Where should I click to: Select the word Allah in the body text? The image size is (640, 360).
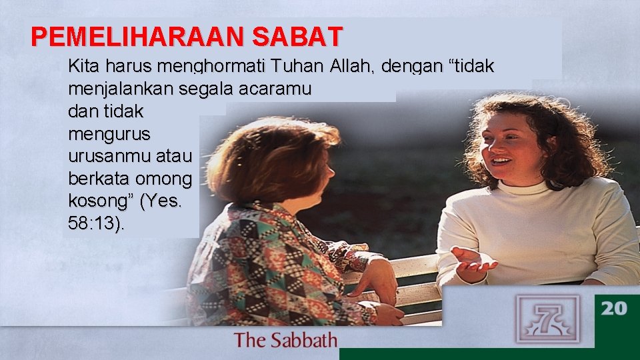[357, 67]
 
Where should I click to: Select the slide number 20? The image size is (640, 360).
[614, 308]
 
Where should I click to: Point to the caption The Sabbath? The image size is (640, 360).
[285, 341]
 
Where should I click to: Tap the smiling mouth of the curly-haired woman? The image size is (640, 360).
[502, 161]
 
